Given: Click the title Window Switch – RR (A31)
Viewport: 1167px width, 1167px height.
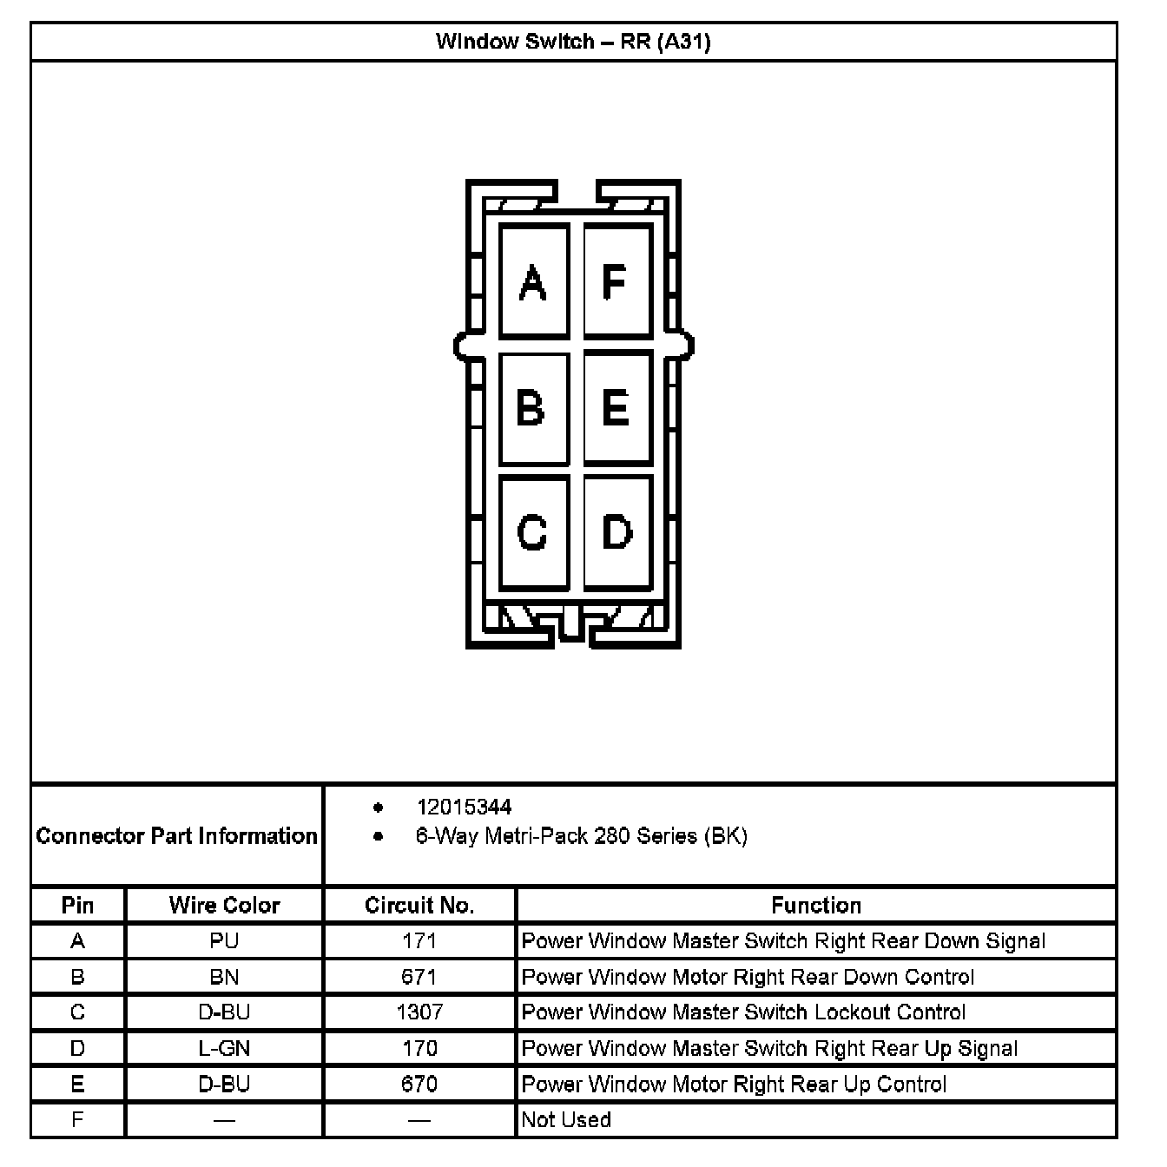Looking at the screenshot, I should coord(573,42).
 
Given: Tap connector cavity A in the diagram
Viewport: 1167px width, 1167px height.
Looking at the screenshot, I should coord(533,281).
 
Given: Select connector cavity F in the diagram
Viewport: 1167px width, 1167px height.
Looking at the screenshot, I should coord(616,281).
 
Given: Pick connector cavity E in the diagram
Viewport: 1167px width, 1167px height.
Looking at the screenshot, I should coord(616,407).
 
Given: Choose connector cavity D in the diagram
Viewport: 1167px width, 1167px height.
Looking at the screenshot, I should coord(616,531).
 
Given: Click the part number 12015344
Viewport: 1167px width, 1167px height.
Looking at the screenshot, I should coord(464,808).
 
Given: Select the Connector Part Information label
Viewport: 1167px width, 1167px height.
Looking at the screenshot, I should coord(177,836).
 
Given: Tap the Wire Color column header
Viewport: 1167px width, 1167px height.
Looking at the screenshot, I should coord(224,906).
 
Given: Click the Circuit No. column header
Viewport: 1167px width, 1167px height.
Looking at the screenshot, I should coord(419,906).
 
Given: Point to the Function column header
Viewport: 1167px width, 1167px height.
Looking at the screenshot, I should coord(816,906).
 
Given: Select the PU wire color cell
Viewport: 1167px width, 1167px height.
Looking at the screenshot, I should coord(224,941).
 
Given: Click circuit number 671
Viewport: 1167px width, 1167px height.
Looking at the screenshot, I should coord(419,977).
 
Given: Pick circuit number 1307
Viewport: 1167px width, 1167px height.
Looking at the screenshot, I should coord(419,1012).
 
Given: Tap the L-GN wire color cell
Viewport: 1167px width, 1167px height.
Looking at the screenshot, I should coord(224,1049).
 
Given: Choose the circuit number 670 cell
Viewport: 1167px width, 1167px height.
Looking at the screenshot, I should coord(419,1085).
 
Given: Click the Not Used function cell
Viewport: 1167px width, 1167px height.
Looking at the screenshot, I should coord(566,1120).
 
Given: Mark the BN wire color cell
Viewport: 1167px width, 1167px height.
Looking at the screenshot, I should coord(224,977).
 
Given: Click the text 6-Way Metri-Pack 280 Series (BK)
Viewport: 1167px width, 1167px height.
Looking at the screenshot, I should coord(581,836).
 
